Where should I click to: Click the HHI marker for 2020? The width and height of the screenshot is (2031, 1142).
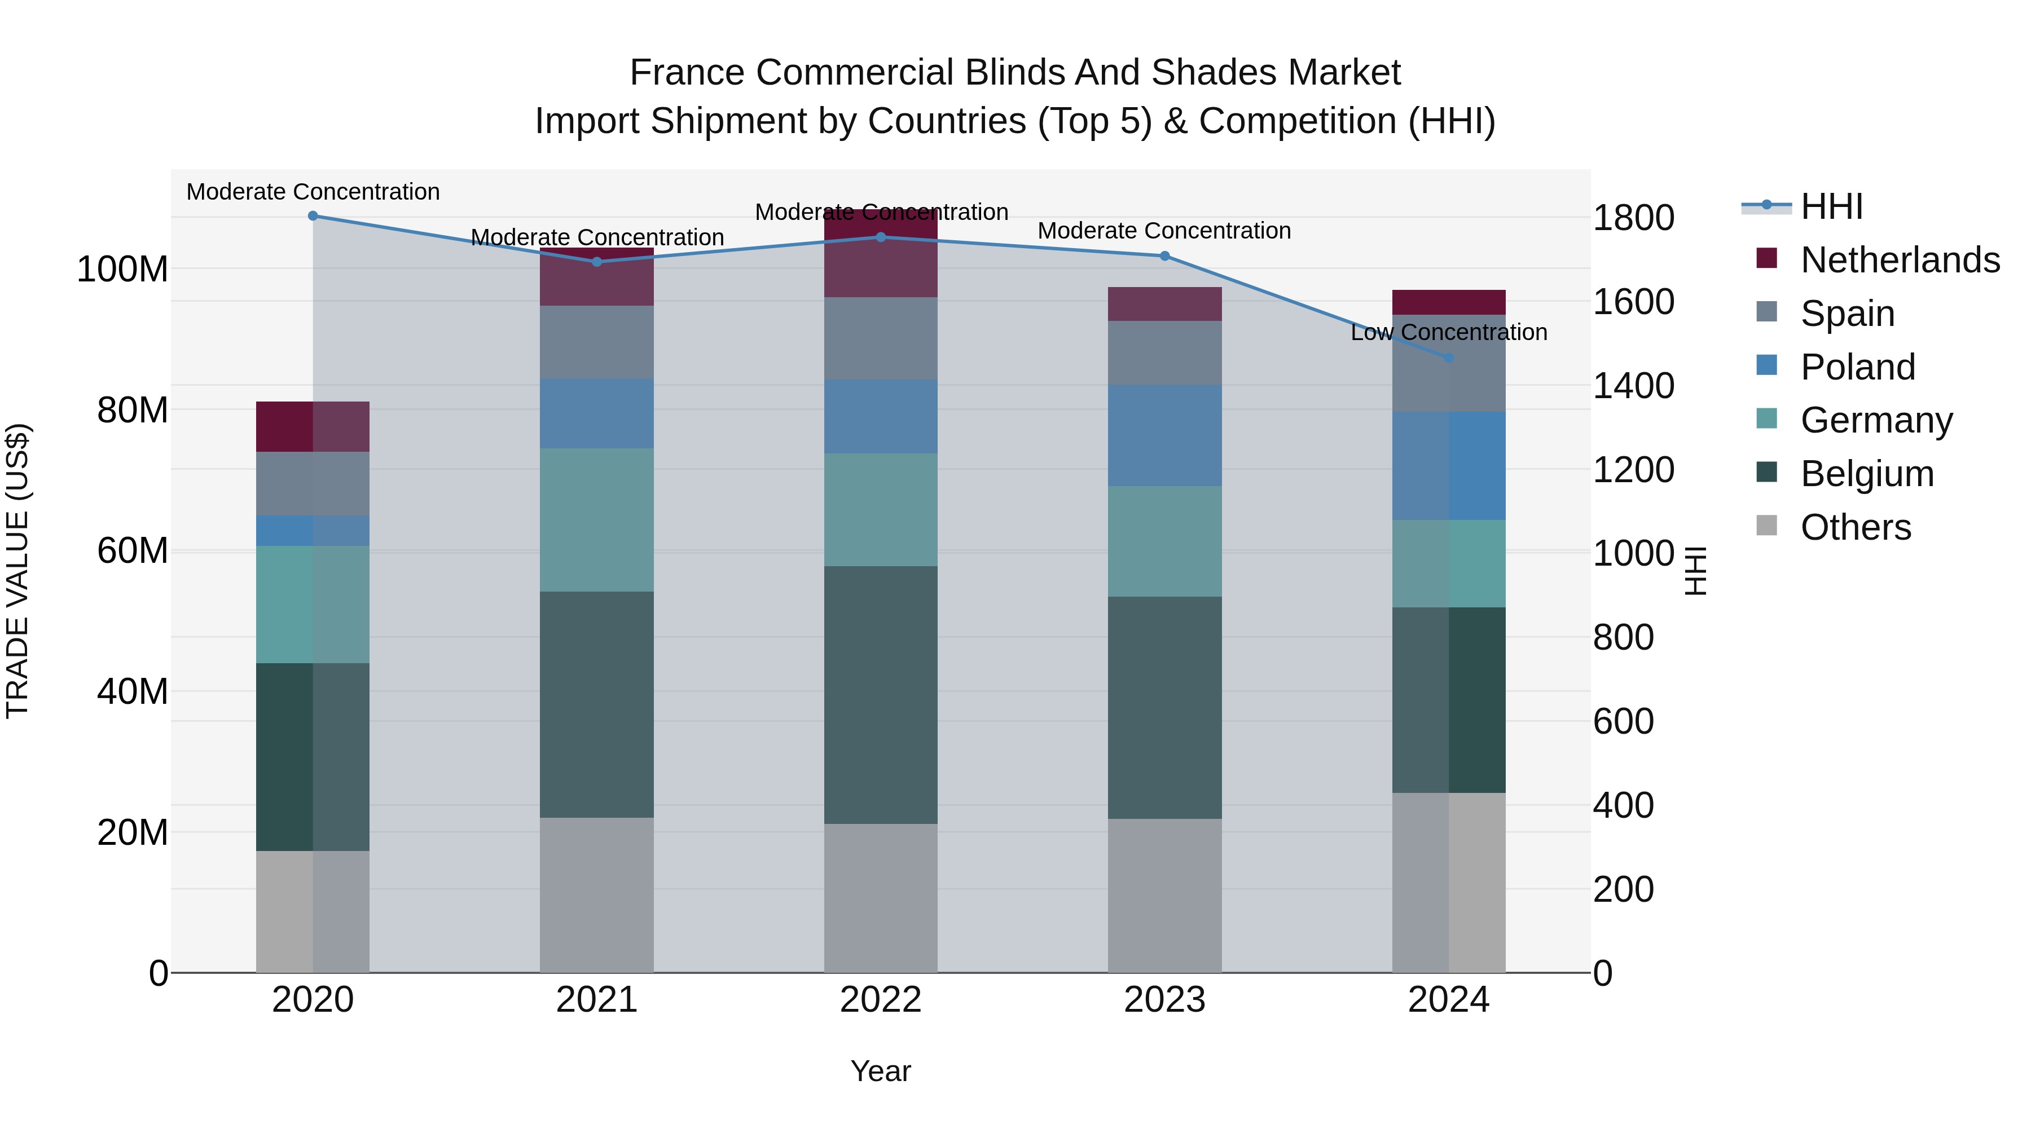(313, 215)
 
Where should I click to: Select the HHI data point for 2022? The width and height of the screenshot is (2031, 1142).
(881, 236)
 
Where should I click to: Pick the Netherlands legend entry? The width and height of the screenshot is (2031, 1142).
(1900, 260)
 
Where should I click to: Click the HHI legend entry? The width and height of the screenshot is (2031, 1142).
(1831, 206)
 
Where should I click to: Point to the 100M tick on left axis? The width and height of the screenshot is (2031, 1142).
(122, 270)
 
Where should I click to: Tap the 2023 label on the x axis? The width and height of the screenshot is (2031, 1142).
(1164, 1000)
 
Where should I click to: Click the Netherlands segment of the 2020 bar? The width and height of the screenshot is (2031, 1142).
(313, 426)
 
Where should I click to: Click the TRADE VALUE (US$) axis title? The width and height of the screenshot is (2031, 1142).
(17, 571)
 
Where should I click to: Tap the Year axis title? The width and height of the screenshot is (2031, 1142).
(881, 1071)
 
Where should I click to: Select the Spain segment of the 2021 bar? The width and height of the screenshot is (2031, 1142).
(597, 342)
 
